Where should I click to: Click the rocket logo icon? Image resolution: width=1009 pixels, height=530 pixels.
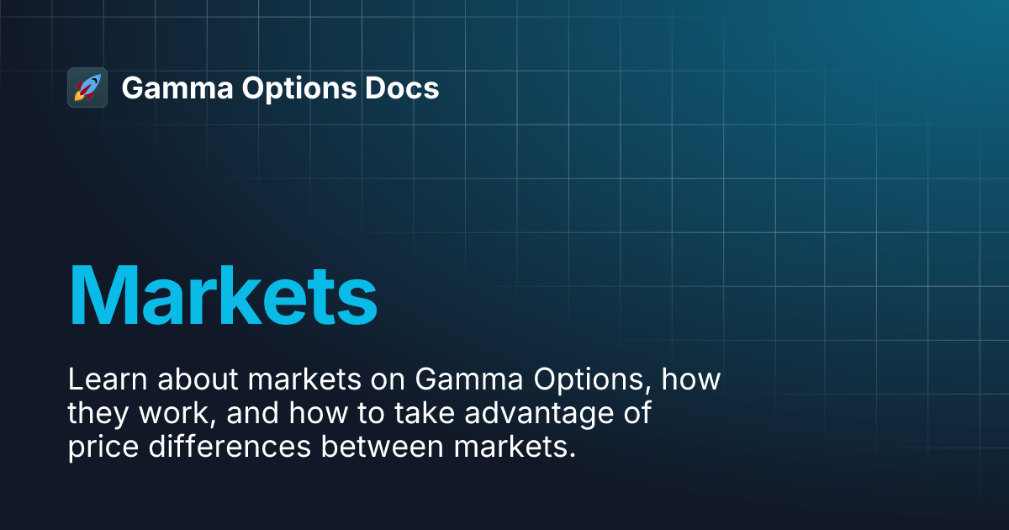87,87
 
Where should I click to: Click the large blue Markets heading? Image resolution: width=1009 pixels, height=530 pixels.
222,294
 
